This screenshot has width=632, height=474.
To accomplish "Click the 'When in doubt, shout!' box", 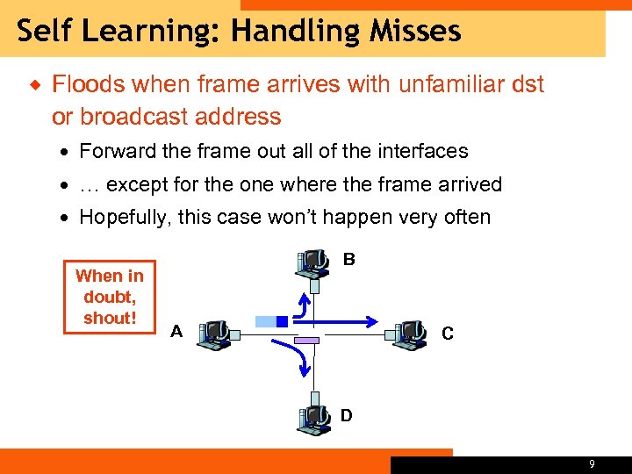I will [x=110, y=297].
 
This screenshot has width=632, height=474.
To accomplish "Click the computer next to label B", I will [x=312, y=264].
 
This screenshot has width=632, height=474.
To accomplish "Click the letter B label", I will [x=349, y=260].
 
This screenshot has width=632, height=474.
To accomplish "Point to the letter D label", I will [x=346, y=415].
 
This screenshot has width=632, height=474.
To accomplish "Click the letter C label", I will [x=448, y=334].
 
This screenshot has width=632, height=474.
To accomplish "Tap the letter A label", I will [x=177, y=332].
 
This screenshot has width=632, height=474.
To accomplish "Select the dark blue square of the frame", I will [x=282, y=322].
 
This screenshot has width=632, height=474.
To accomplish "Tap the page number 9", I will [x=592, y=464].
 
